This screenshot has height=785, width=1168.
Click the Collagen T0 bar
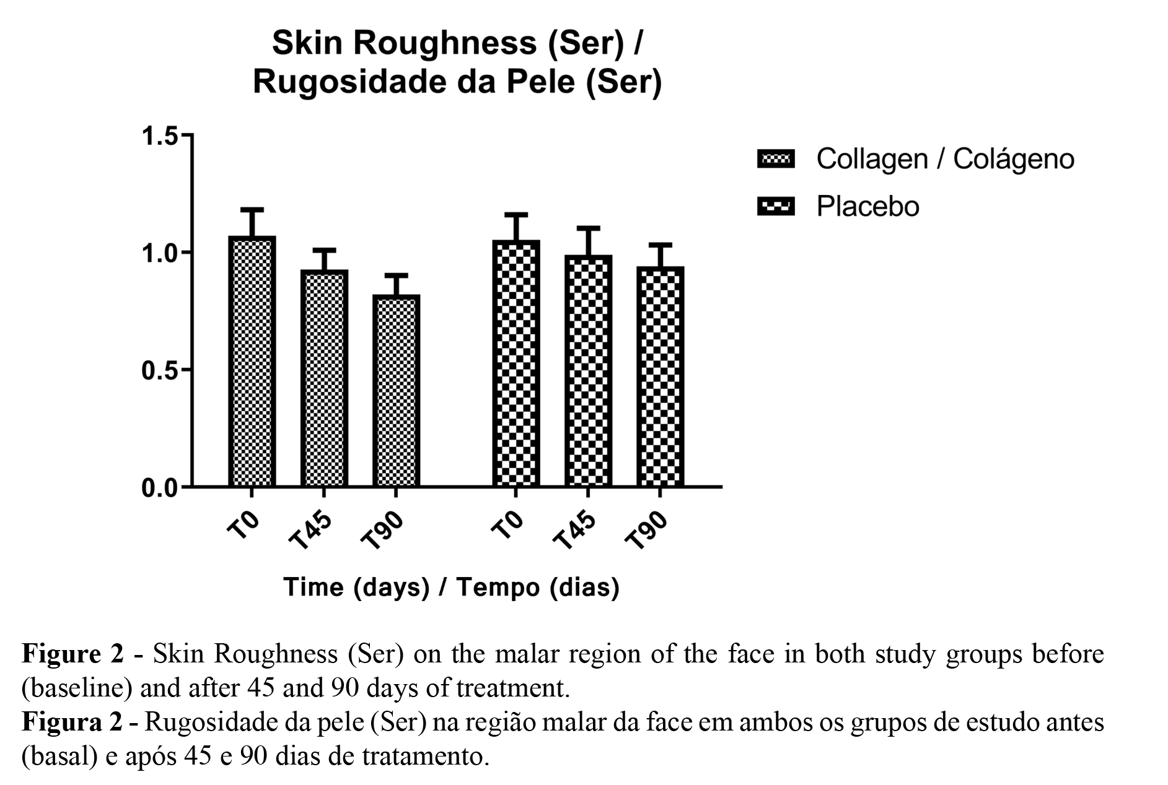(x=252, y=362)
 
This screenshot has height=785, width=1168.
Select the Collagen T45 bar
(x=324, y=379)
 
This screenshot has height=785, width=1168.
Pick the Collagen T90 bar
(x=396, y=391)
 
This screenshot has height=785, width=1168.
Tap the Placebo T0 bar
(x=516, y=364)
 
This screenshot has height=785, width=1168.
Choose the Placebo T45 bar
(x=588, y=371)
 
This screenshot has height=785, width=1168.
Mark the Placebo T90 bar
(x=660, y=377)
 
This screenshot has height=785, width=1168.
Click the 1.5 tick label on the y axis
(x=159, y=136)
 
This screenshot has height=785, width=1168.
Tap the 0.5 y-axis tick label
(x=159, y=371)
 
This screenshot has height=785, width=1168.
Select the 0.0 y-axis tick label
(x=159, y=488)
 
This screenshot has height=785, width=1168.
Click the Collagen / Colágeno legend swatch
(x=775, y=159)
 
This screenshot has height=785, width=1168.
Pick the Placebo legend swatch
(x=775, y=206)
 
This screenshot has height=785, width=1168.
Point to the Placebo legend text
(x=867, y=207)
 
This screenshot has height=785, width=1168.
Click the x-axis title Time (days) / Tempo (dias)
(x=451, y=587)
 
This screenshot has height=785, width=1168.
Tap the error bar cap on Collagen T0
(x=252, y=209)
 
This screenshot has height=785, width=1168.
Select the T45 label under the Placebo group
(x=574, y=531)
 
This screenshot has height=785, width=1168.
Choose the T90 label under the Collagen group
(x=382, y=531)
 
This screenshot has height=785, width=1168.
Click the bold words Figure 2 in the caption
(x=72, y=654)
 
